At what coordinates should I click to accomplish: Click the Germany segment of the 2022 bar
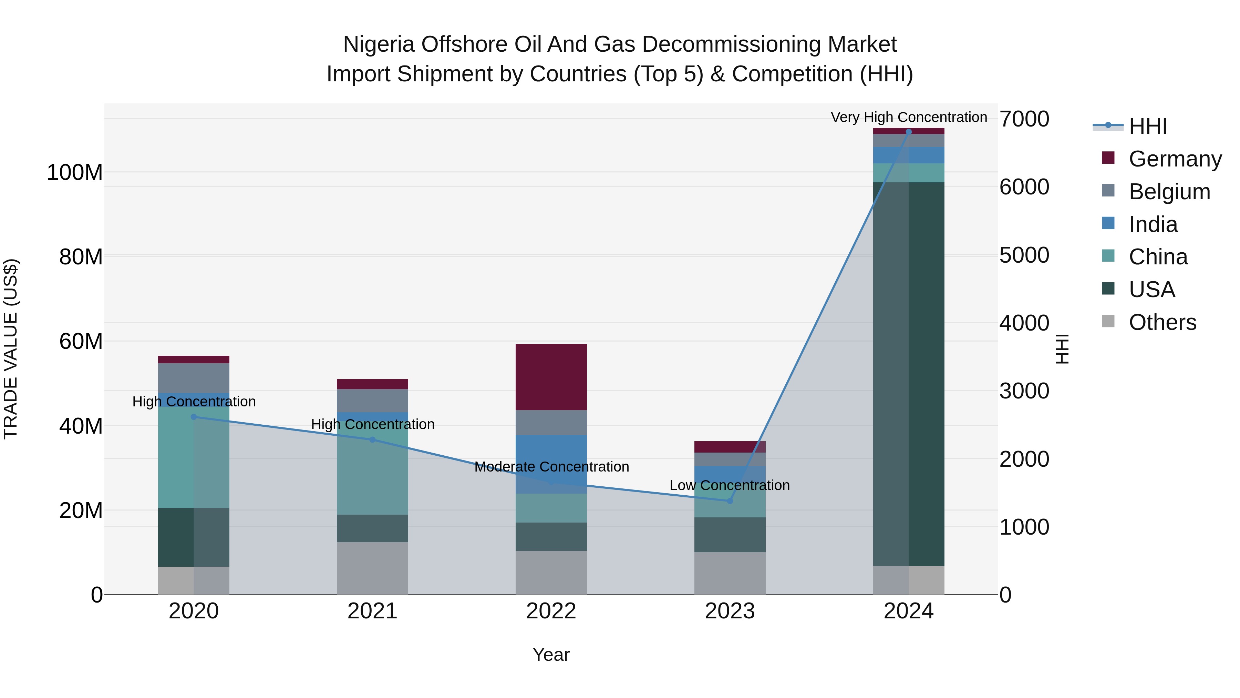pos(551,377)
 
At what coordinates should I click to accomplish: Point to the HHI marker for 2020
pos(194,417)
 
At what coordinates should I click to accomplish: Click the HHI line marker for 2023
pos(730,501)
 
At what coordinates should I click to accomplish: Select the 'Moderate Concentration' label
pos(551,466)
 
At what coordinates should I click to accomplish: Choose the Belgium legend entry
pos(1169,191)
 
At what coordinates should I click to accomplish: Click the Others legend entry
pos(1162,322)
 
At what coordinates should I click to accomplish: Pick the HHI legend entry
pos(1148,126)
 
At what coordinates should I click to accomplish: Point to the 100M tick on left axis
pos(75,172)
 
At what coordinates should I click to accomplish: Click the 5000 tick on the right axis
pos(1024,255)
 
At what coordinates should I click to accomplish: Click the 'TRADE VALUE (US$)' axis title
pos(11,349)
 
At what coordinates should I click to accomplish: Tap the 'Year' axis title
pos(551,655)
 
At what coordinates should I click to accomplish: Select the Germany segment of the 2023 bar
pos(730,446)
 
